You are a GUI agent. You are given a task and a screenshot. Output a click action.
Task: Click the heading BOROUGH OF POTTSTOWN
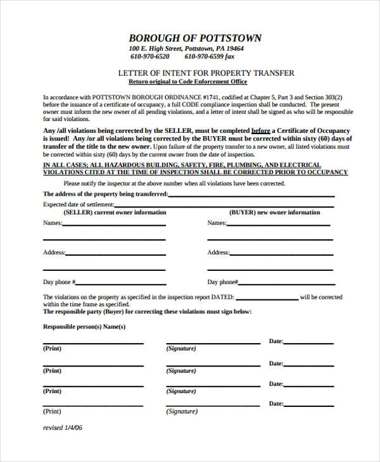(x=195, y=38)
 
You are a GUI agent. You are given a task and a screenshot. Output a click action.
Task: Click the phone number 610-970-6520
(x=150, y=56)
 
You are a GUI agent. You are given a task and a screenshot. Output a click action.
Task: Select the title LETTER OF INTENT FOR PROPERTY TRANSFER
(x=206, y=73)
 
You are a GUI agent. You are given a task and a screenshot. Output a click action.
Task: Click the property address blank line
(x=251, y=196)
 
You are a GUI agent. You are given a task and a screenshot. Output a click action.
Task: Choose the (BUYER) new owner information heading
(x=274, y=213)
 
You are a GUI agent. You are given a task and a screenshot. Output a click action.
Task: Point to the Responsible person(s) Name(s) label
(x=84, y=327)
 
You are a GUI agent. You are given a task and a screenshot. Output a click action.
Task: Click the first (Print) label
(x=52, y=349)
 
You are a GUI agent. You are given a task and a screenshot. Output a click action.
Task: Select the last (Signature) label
(x=182, y=411)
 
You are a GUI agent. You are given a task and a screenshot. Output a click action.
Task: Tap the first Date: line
(x=308, y=343)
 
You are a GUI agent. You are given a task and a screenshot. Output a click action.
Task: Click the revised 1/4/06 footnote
(x=63, y=428)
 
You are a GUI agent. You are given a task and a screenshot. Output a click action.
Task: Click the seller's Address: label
(x=54, y=253)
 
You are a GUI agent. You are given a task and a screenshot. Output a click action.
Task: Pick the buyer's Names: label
(x=217, y=223)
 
